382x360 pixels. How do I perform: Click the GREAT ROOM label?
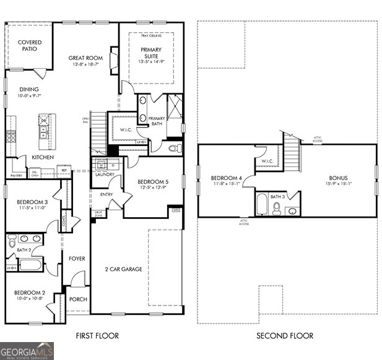click(x=85, y=58)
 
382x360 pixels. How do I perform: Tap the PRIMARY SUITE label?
click(x=150, y=52)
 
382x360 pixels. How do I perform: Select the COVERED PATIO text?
click(x=29, y=46)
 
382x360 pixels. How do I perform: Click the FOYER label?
click(x=77, y=259)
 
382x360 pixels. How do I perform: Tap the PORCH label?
click(x=78, y=299)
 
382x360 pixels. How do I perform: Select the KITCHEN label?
click(x=43, y=157)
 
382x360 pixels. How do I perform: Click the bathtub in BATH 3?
click(x=261, y=204)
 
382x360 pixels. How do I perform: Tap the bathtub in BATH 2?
click(x=29, y=264)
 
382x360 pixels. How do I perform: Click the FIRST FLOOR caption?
click(x=97, y=336)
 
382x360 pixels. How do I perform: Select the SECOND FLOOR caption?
click(x=285, y=336)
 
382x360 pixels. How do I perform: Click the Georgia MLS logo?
click(x=27, y=351)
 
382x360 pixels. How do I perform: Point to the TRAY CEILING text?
click(x=150, y=36)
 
